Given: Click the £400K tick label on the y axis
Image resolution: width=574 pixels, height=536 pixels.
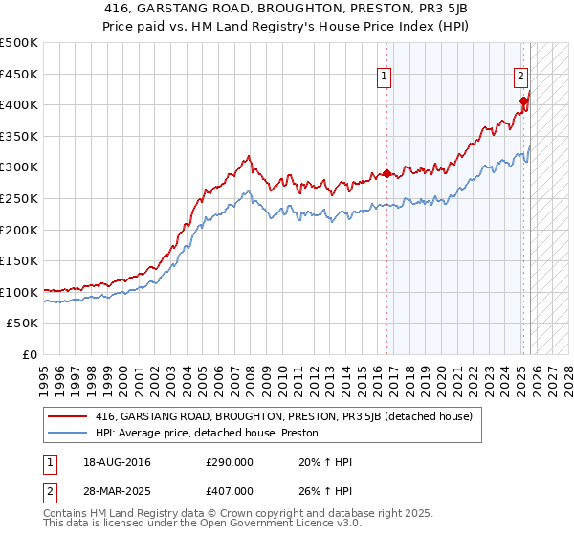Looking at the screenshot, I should pyautogui.click(x=19, y=104).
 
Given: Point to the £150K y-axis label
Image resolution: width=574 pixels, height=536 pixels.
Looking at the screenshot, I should pyautogui.click(x=19, y=260).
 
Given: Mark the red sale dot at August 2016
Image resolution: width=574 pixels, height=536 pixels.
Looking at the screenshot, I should pyautogui.click(x=387, y=174).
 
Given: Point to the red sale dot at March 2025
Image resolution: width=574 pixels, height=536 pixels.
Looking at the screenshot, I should pyautogui.click(x=523, y=100).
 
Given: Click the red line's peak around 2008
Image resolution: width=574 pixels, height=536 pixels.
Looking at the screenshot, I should pyautogui.click(x=249, y=156).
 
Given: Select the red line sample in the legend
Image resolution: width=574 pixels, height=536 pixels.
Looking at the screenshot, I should pyautogui.click(x=69, y=416).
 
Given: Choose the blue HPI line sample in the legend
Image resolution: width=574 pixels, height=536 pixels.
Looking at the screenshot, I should pyautogui.click(x=69, y=433).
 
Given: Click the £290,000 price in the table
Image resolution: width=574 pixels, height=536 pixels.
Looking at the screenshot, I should pyautogui.click(x=229, y=462).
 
